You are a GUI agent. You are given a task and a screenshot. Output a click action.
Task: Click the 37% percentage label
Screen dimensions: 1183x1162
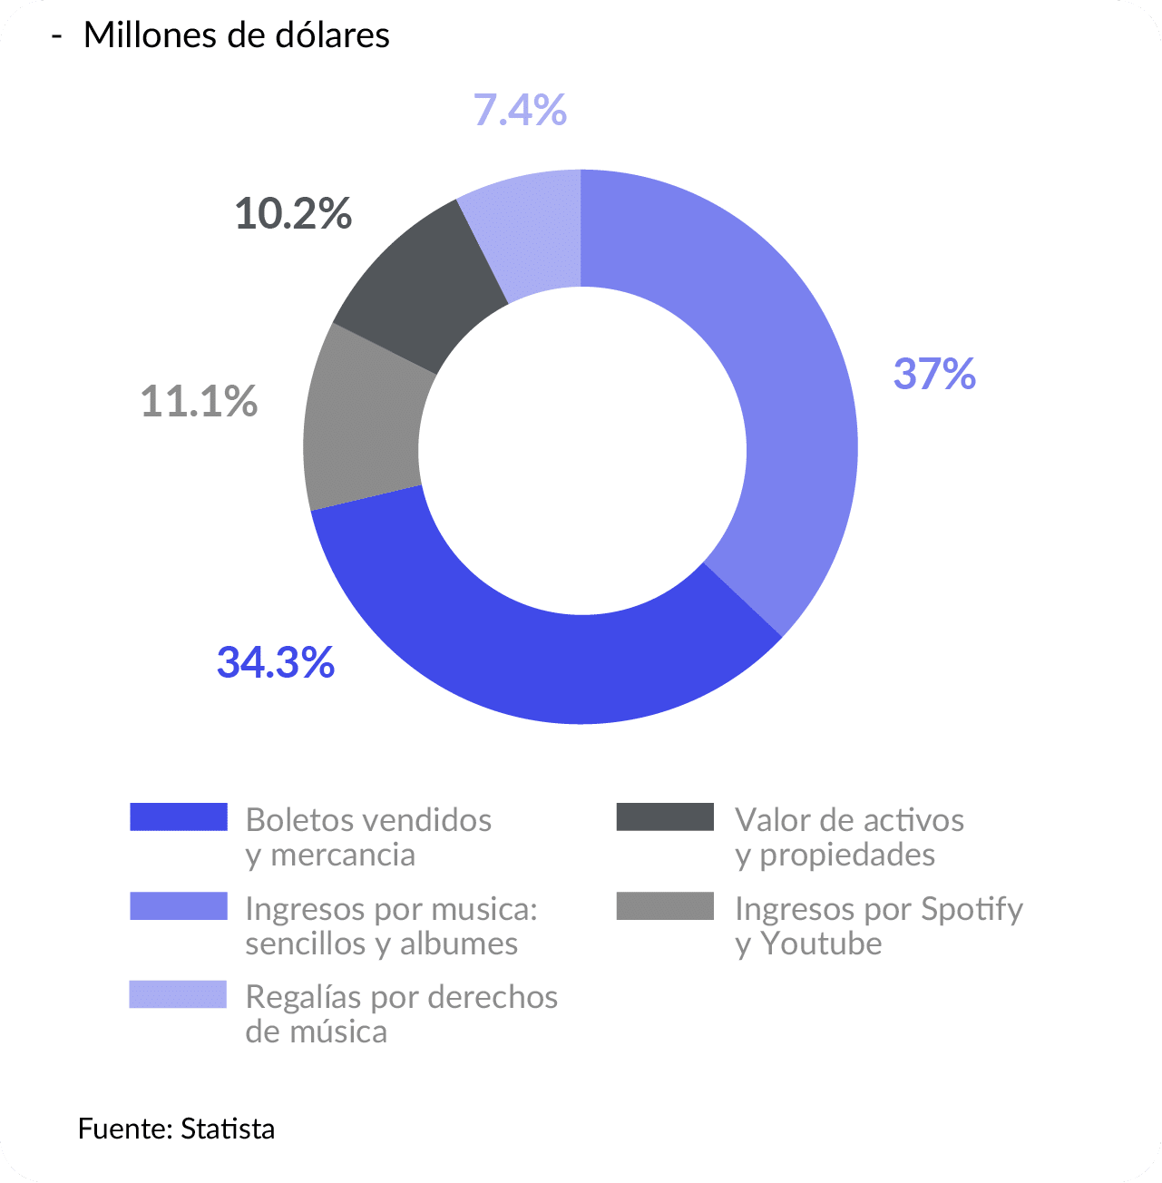[934, 374]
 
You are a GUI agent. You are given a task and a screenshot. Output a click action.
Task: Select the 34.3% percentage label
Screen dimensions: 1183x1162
[276, 663]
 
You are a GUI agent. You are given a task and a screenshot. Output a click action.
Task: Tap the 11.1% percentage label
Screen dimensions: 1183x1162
[199, 401]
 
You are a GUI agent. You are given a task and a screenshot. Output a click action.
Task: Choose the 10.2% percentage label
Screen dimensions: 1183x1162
[293, 214]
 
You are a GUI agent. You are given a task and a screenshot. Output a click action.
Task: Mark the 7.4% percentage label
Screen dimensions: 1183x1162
[520, 111]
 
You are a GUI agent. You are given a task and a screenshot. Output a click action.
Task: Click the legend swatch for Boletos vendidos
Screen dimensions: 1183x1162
[178, 816]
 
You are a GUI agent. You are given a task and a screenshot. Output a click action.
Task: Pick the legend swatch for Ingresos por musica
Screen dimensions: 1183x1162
[178, 906]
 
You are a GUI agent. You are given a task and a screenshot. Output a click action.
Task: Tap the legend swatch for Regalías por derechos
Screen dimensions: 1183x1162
[178, 994]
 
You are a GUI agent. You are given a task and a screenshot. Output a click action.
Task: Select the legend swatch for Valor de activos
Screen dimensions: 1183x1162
[665, 816]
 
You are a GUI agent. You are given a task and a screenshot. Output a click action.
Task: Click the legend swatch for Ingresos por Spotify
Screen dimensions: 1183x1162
[665, 906]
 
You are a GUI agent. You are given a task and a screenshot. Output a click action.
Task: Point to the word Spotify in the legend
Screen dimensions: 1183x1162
[972, 909]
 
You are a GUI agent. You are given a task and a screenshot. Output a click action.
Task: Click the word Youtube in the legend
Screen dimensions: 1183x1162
[821, 943]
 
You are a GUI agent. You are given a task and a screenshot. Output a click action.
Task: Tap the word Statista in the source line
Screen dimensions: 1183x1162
[228, 1129]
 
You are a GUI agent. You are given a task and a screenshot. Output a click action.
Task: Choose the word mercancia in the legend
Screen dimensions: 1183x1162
[342, 855]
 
